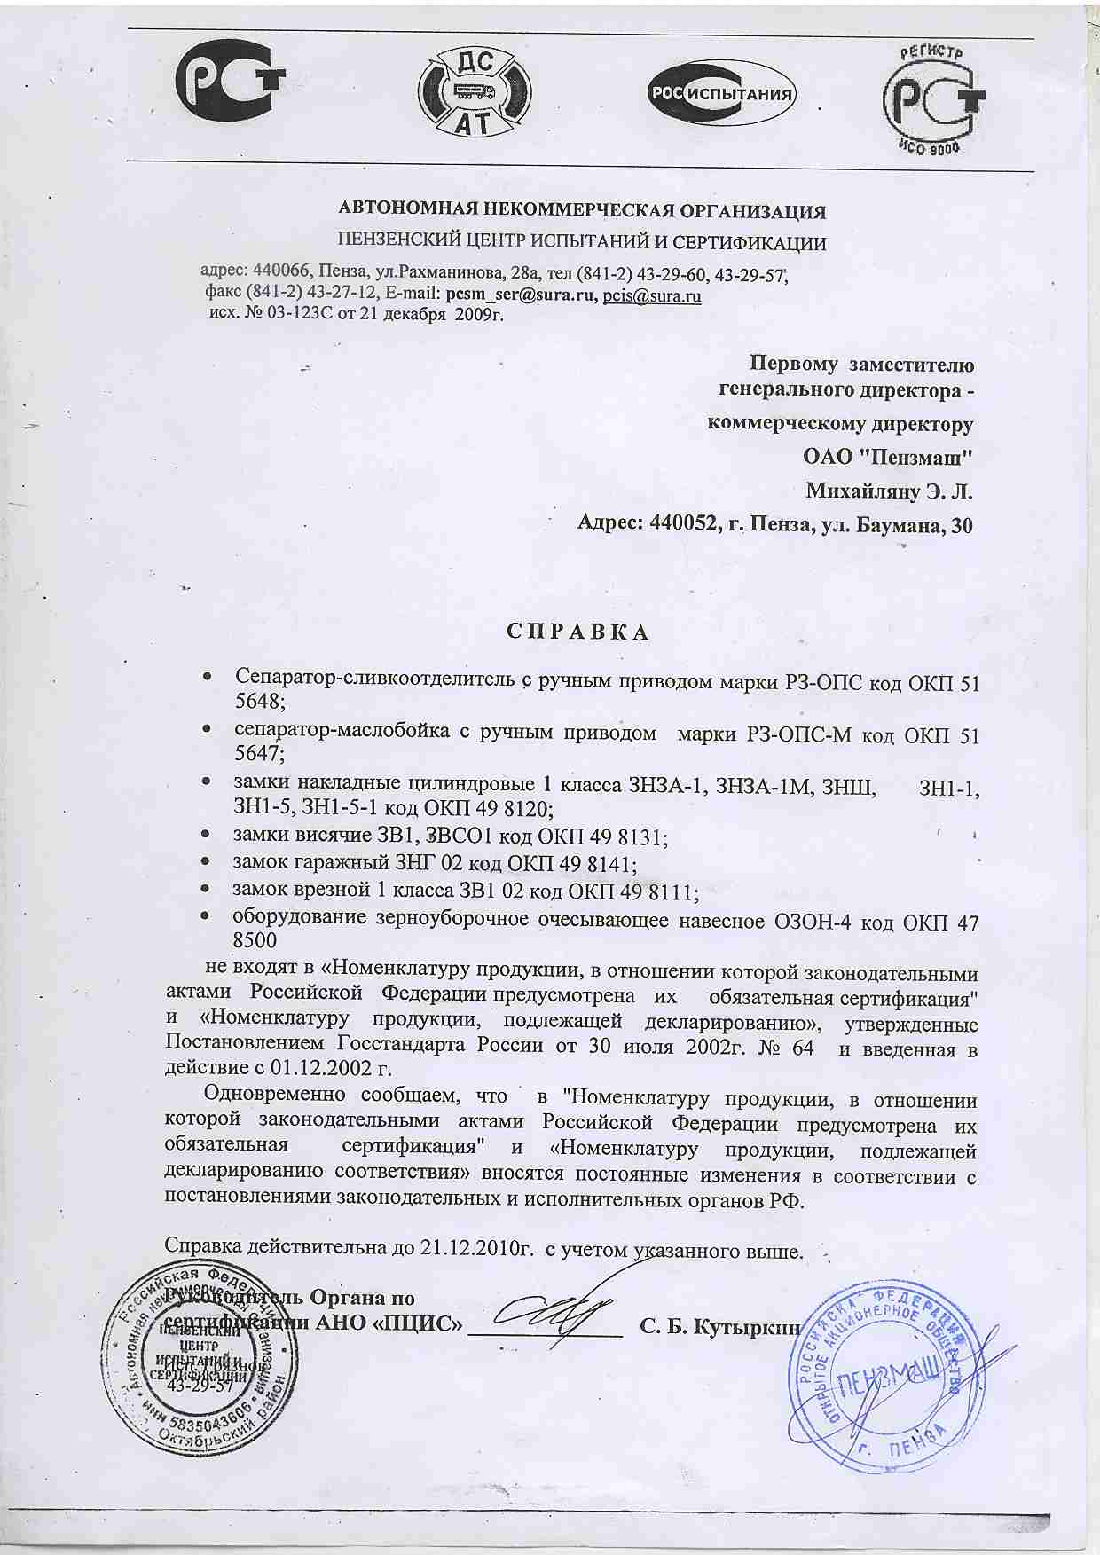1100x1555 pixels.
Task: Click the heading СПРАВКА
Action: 577,632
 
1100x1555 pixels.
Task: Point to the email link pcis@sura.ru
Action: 652,296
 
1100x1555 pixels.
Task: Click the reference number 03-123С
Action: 294,314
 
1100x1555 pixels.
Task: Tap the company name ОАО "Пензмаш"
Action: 888,458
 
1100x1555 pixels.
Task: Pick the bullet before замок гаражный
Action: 205,862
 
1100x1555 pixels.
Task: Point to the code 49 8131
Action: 629,836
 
